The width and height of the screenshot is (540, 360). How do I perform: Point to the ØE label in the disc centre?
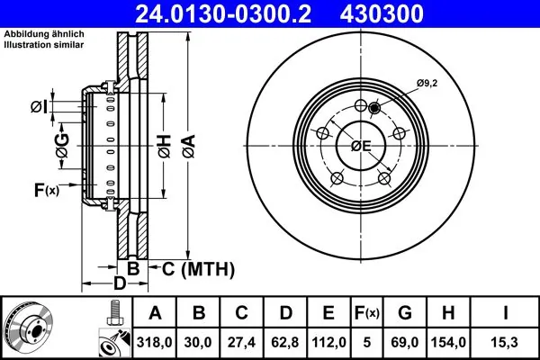pyautogui.click(x=362, y=148)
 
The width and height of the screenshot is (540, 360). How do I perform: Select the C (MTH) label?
pyautogui.click(x=197, y=268)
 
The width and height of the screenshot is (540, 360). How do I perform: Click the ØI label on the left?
pyautogui.click(x=38, y=107)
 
